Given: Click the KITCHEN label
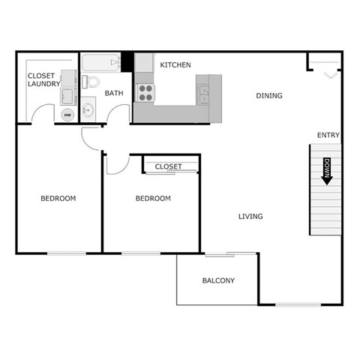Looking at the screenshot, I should coord(175,65).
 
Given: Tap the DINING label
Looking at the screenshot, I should coord(269,95).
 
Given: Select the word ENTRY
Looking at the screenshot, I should coord(328,135).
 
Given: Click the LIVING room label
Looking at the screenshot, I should coord(250,217).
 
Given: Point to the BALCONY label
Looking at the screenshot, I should coord(218,281).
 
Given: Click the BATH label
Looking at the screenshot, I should coord(114,94).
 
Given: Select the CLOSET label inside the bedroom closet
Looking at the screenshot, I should coord(169,166).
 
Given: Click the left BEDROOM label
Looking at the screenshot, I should coord(58,199).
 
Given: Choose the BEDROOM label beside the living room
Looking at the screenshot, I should coord(153,199).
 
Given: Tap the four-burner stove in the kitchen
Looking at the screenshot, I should coord(144,92).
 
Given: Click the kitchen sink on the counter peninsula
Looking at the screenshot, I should coord(203,94).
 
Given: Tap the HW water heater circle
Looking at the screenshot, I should coord(67,115).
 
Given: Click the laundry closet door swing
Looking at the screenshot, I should coord(43,114).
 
